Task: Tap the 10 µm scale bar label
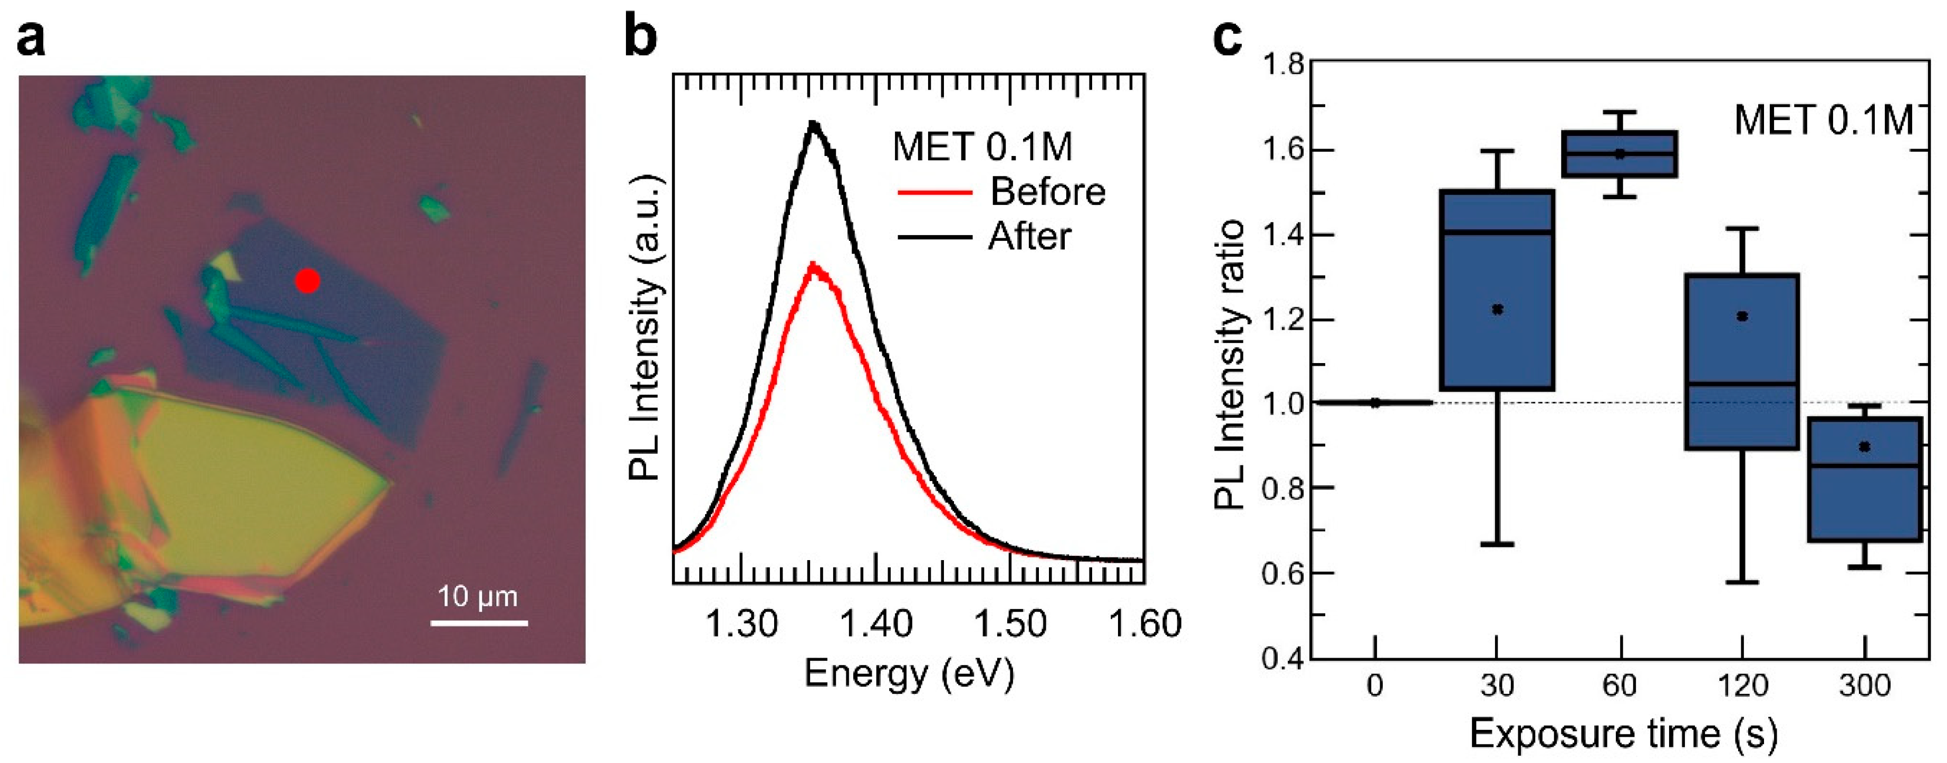(478, 597)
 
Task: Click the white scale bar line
(479, 623)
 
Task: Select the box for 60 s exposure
(1620, 154)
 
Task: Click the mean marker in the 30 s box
(1497, 309)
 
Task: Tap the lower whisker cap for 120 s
(1742, 582)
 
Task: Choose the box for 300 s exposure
(1865, 479)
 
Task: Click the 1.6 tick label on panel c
(1283, 150)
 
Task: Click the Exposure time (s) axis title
(1623, 733)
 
